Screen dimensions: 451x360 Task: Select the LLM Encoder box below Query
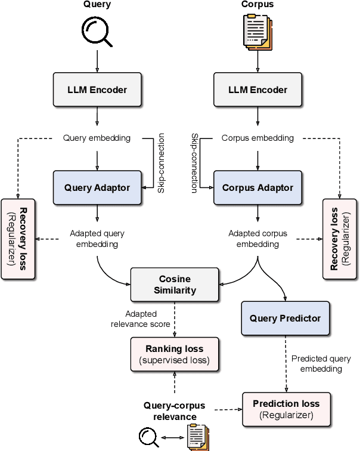[97, 90]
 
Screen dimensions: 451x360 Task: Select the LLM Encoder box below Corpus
[257, 90]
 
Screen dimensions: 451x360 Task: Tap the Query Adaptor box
[97, 187]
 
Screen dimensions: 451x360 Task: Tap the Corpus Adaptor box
[257, 187]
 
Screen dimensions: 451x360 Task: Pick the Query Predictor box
[284, 318]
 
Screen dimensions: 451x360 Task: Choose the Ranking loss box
[175, 354]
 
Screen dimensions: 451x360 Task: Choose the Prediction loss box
[285, 409]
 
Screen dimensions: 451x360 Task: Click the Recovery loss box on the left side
[18, 239]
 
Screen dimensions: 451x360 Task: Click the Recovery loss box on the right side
[339, 239]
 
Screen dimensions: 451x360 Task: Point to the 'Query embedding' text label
[97, 138]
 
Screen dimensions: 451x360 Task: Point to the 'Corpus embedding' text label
[257, 138]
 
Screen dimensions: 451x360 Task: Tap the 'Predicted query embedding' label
[316, 364]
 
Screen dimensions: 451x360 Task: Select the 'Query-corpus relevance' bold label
[170, 411]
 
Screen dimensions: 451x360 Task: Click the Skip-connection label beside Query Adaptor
[161, 162]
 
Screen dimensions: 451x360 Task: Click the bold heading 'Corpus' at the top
[257, 5]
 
